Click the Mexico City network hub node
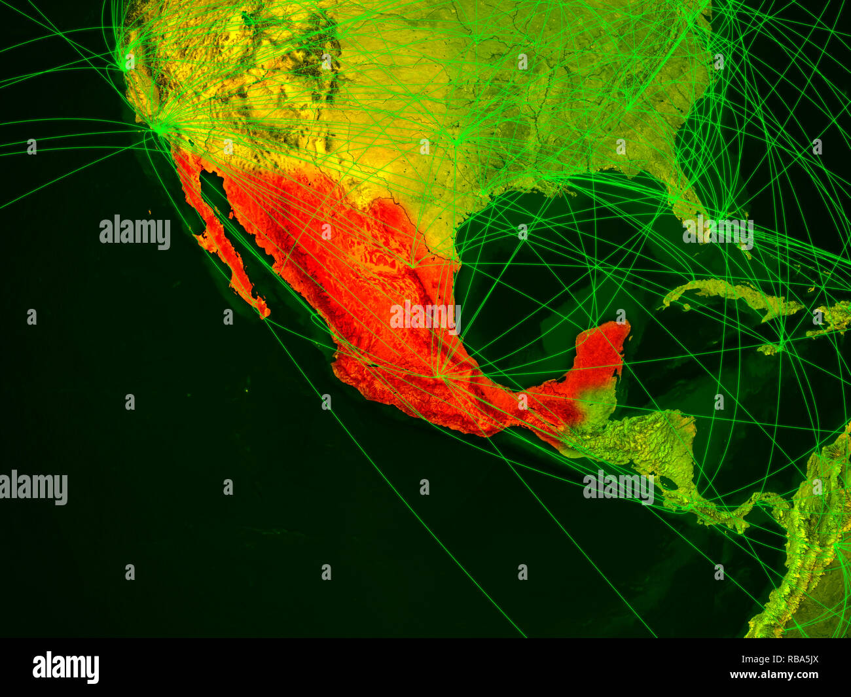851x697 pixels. (x=440, y=374)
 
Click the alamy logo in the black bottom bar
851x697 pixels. (x=65, y=668)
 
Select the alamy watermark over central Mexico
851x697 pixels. (x=425, y=317)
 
